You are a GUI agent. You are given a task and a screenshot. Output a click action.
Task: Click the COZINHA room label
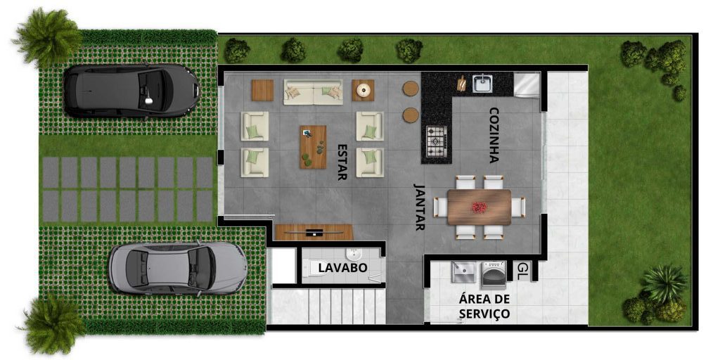coord(494,135)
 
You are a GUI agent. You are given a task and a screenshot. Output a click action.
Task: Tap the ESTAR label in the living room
coord(342,162)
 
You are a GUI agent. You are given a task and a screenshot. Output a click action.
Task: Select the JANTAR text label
coord(420,208)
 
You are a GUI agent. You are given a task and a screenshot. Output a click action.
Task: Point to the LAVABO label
coord(342,268)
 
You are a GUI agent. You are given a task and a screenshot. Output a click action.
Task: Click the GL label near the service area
coord(522,269)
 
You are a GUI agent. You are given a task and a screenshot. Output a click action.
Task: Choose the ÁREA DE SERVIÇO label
coord(484,307)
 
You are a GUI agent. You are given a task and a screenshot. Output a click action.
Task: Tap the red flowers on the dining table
coord(480,207)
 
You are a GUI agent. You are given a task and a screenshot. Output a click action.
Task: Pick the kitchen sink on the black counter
coord(483,84)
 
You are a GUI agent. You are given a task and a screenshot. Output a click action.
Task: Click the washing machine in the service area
coord(494,274)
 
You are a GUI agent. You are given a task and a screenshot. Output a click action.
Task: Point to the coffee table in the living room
coord(313,147)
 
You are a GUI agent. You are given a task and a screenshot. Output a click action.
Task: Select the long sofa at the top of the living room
coord(313,91)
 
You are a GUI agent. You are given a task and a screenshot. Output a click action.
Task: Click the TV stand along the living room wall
coord(314,231)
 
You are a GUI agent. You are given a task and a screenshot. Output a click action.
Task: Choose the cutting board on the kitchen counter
coord(461,84)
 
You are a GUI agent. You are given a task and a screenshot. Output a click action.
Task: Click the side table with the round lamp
coord(363,90)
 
